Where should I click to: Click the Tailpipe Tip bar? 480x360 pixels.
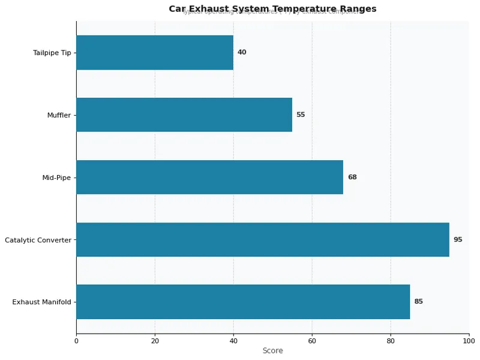[155, 52]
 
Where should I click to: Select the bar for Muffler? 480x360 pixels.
[184, 115]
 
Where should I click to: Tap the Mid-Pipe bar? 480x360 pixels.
[209, 177]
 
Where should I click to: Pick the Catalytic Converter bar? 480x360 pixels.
[263, 239]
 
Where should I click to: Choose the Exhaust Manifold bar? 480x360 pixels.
[243, 302]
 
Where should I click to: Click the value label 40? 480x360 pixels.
[242, 52]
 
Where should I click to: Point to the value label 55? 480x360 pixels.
[301, 115]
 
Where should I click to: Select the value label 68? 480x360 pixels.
[352, 177]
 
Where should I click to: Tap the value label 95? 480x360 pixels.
[458, 239]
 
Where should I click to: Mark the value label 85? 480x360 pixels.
[419, 302]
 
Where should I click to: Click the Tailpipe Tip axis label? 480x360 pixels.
[52, 53]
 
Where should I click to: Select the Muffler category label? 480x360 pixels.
[59, 115]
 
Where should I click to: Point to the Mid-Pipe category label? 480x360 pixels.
[56, 178]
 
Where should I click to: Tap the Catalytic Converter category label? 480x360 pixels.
[38, 240]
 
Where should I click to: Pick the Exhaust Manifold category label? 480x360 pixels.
[41, 302]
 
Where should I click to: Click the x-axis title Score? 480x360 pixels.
[272, 351]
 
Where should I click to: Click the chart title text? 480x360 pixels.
[272, 9]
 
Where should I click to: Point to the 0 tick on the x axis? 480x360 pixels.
[76, 341]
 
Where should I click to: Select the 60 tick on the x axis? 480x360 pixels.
[312, 341]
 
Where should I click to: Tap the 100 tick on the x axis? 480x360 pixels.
[469, 341]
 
